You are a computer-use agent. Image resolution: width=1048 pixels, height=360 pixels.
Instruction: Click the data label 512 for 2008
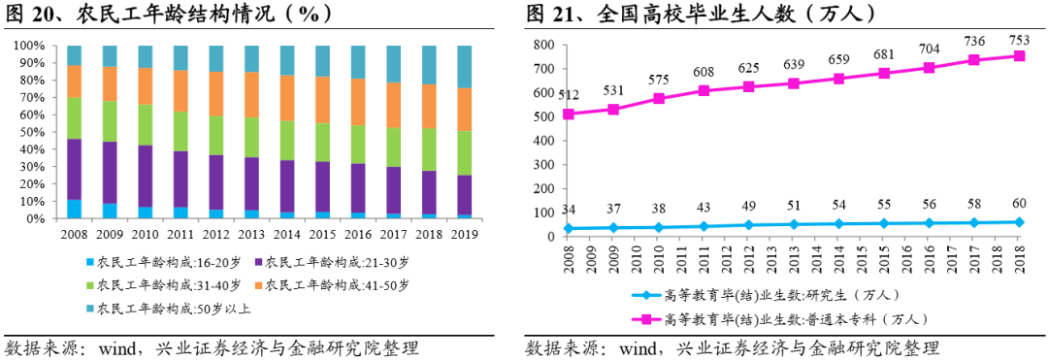[569, 95]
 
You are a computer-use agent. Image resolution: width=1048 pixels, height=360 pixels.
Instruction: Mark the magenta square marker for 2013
[794, 83]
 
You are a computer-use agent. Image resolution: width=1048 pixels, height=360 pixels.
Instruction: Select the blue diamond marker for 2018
[1019, 222]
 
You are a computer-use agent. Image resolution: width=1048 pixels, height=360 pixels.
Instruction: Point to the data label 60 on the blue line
[1019, 205]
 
